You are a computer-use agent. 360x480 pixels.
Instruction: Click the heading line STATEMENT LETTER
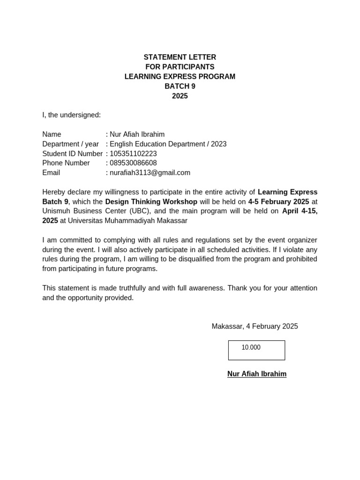pos(180,57)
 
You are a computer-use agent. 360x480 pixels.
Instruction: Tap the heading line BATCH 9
pos(180,86)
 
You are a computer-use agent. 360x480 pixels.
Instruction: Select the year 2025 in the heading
pos(180,96)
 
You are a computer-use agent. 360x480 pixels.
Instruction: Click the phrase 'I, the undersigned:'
pos(71,115)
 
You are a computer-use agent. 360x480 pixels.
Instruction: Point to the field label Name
pos(52,135)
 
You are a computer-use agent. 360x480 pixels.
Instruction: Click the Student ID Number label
pos(72,154)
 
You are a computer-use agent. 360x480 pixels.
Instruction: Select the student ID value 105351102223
pos(133,154)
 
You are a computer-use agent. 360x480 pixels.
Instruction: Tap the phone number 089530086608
pos(133,163)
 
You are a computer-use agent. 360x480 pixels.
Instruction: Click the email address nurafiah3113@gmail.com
pos(150,172)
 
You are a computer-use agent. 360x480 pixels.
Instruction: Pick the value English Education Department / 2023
pos(168,144)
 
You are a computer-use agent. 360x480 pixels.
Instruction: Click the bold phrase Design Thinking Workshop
pos(151,202)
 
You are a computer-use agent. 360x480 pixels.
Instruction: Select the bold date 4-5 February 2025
pos(278,202)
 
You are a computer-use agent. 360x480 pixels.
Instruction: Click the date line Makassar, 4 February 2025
pos(255,326)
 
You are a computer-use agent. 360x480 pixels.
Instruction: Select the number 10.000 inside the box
pos(251,347)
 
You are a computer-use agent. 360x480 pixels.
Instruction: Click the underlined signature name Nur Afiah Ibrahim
pos(256,374)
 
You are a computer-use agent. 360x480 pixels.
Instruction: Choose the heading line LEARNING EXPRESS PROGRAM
pos(180,76)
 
